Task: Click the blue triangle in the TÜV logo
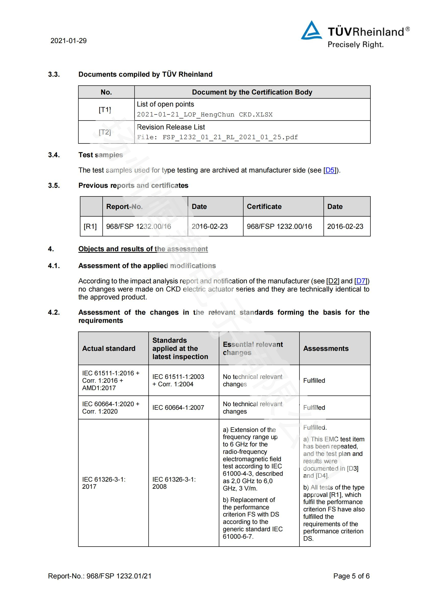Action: click(311, 31)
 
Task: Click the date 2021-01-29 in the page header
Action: click(68, 41)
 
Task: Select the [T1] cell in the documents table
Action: click(105, 110)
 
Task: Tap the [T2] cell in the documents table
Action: click(105, 132)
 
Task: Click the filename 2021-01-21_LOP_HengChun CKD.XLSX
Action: click(205, 114)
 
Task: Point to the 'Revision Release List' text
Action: click(171, 127)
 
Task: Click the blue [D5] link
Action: click(330, 170)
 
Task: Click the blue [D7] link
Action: click(361, 281)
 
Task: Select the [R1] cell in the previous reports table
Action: click(90, 226)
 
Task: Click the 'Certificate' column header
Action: click(264, 207)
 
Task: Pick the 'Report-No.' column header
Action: click(124, 207)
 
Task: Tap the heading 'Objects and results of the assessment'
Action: click(143, 249)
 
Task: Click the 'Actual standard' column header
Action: click(109, 348)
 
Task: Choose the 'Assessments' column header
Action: click(326, 348)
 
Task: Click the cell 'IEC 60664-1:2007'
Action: click(178, 407)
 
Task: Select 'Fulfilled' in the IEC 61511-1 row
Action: click(314, 380)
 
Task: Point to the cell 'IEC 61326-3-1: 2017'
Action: click(104, 483)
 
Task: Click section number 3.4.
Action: click(54, 155)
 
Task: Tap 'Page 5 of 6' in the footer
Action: click(351, 576)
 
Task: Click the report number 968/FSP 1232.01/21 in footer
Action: click(119, 576)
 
